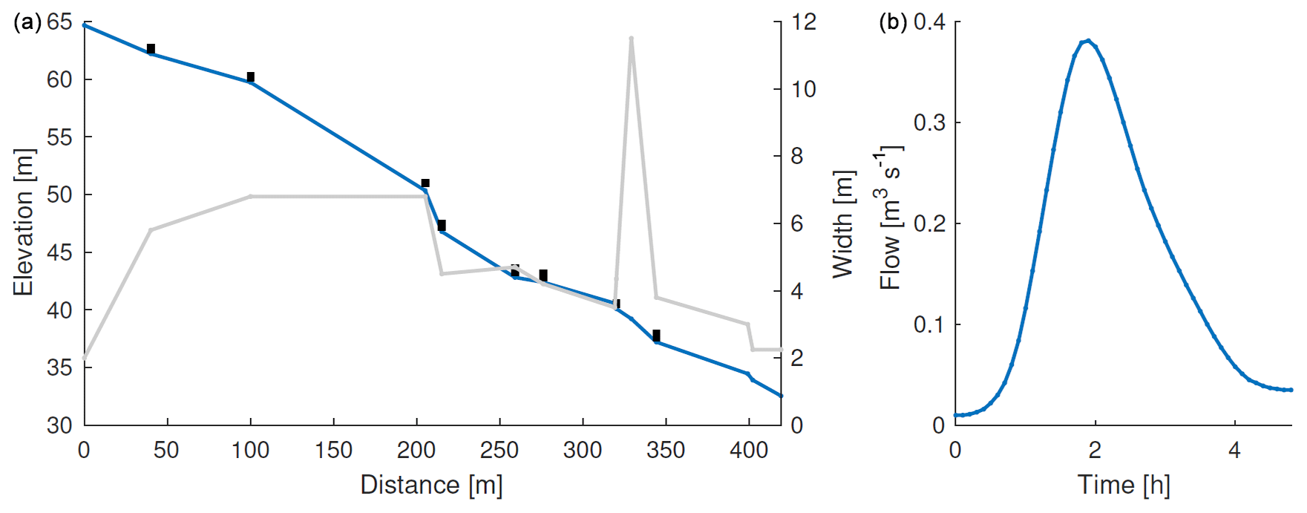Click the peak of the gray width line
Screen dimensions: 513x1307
(x=631, y=38)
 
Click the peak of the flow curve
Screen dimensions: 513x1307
(x=1088, y=41)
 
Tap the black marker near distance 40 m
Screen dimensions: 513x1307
(x=151, y=49)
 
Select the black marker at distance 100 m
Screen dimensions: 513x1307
(x=251, y=77)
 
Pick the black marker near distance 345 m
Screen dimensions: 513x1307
(x=656, y=336)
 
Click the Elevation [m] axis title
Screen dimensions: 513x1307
(x=24, y=222)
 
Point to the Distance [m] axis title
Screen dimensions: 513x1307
(x=431, y=485)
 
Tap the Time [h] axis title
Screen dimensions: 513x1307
(x=1124, y=485)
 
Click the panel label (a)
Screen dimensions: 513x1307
(x=27, y=22)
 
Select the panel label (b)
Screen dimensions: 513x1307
(x=893, y=22)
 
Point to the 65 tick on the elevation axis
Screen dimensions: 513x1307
(x=59, y=22)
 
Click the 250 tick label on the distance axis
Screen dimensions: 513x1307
(x=499, y=450)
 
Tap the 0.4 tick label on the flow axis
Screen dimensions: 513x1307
(x=929, y=22)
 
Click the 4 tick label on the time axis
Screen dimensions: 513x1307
(x=1234, y=450)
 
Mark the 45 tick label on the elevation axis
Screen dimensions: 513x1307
(x=59, y=252)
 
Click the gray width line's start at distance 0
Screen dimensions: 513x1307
(x=85, y=358)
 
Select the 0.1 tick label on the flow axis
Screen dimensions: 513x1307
(x=929, y=324)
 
